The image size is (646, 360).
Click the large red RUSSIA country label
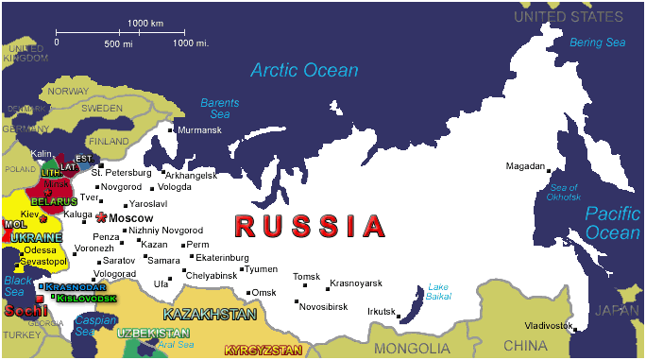point(311,227)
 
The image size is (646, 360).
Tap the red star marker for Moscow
point(101,218)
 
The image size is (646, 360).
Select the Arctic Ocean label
point(304,71)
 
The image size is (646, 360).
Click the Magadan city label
point(525,166)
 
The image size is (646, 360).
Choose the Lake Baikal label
point(439,291)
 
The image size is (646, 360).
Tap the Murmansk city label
point(199,129)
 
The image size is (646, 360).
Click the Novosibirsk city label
point(323,307)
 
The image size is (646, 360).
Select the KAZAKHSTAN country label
point(210,314)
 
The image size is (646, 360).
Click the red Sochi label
point(25,310)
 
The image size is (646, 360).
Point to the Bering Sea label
point(597,43)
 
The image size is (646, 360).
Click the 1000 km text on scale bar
point(144,22)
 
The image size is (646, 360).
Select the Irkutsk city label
point(382,311)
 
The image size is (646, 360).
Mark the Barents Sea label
point(220,108)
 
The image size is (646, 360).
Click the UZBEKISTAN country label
point(154,334)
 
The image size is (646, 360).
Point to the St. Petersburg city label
point(121,173)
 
